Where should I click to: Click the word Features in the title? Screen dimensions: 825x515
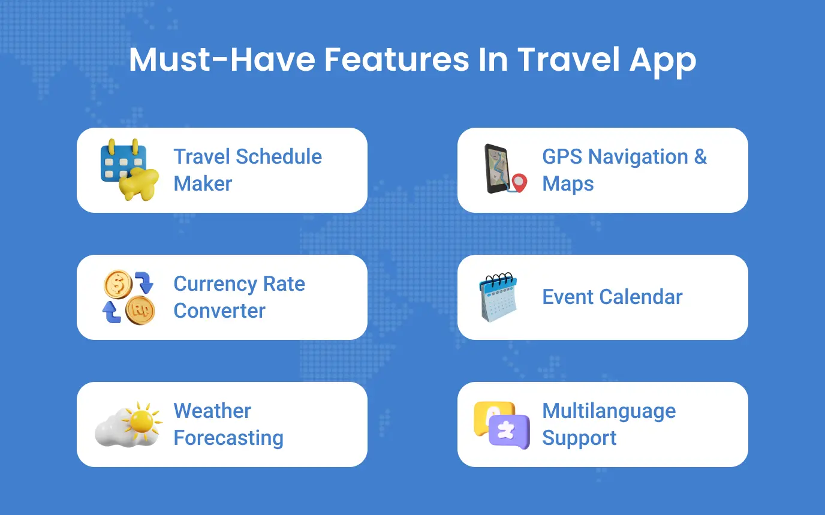click(397, 59)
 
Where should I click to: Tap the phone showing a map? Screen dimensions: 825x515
click(497, 168)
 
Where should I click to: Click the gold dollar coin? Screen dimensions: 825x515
click(118, 284)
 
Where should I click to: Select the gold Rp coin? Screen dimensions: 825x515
click(140, 310)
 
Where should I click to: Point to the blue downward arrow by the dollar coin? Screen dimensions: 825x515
click(144, 282)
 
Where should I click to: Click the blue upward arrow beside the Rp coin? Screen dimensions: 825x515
click(112, 312)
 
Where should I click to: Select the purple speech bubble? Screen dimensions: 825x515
click(510, 432)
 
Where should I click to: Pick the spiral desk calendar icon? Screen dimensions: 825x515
click(498, 297)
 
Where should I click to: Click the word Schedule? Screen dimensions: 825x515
click(279, 156)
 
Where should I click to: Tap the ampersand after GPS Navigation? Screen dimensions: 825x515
click(700, 156)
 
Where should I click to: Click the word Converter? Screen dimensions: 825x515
click(219, 311)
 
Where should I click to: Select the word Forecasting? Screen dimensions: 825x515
click(228, 438)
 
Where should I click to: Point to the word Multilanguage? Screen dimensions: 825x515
click(609, 412)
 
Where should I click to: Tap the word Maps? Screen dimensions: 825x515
click(568, 184)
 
